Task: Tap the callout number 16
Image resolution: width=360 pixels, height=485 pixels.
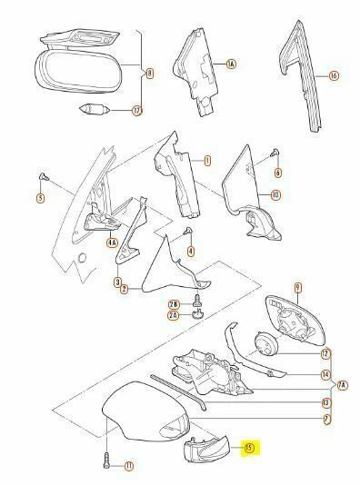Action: (333, 75)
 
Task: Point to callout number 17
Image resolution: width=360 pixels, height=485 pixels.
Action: (137, 112)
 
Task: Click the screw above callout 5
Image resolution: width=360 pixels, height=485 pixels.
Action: (42, 175)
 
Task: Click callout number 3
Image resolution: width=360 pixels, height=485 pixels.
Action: (117, 283)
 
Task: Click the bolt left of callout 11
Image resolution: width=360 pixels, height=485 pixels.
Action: (105, 461)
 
